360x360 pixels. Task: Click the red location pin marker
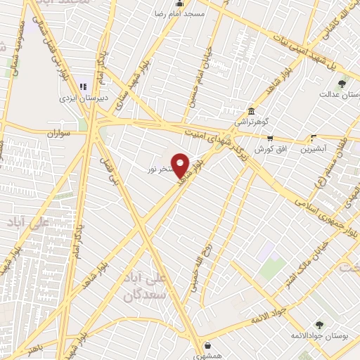[x=181, y=165]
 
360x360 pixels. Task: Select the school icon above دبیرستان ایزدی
[x=82, y=86]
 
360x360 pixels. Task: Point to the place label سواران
[x=60, y=133]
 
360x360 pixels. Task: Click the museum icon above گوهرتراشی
[x=251, y=110]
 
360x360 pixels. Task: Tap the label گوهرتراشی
[x=251, y=122]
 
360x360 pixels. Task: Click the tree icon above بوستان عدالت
[x=342, y=84]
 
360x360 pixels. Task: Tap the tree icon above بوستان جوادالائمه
[x=319, y=325]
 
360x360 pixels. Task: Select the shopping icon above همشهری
[x=208, y=345]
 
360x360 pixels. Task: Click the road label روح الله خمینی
[x=196, y=267]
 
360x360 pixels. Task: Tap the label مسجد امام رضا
[x=181, y=13]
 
